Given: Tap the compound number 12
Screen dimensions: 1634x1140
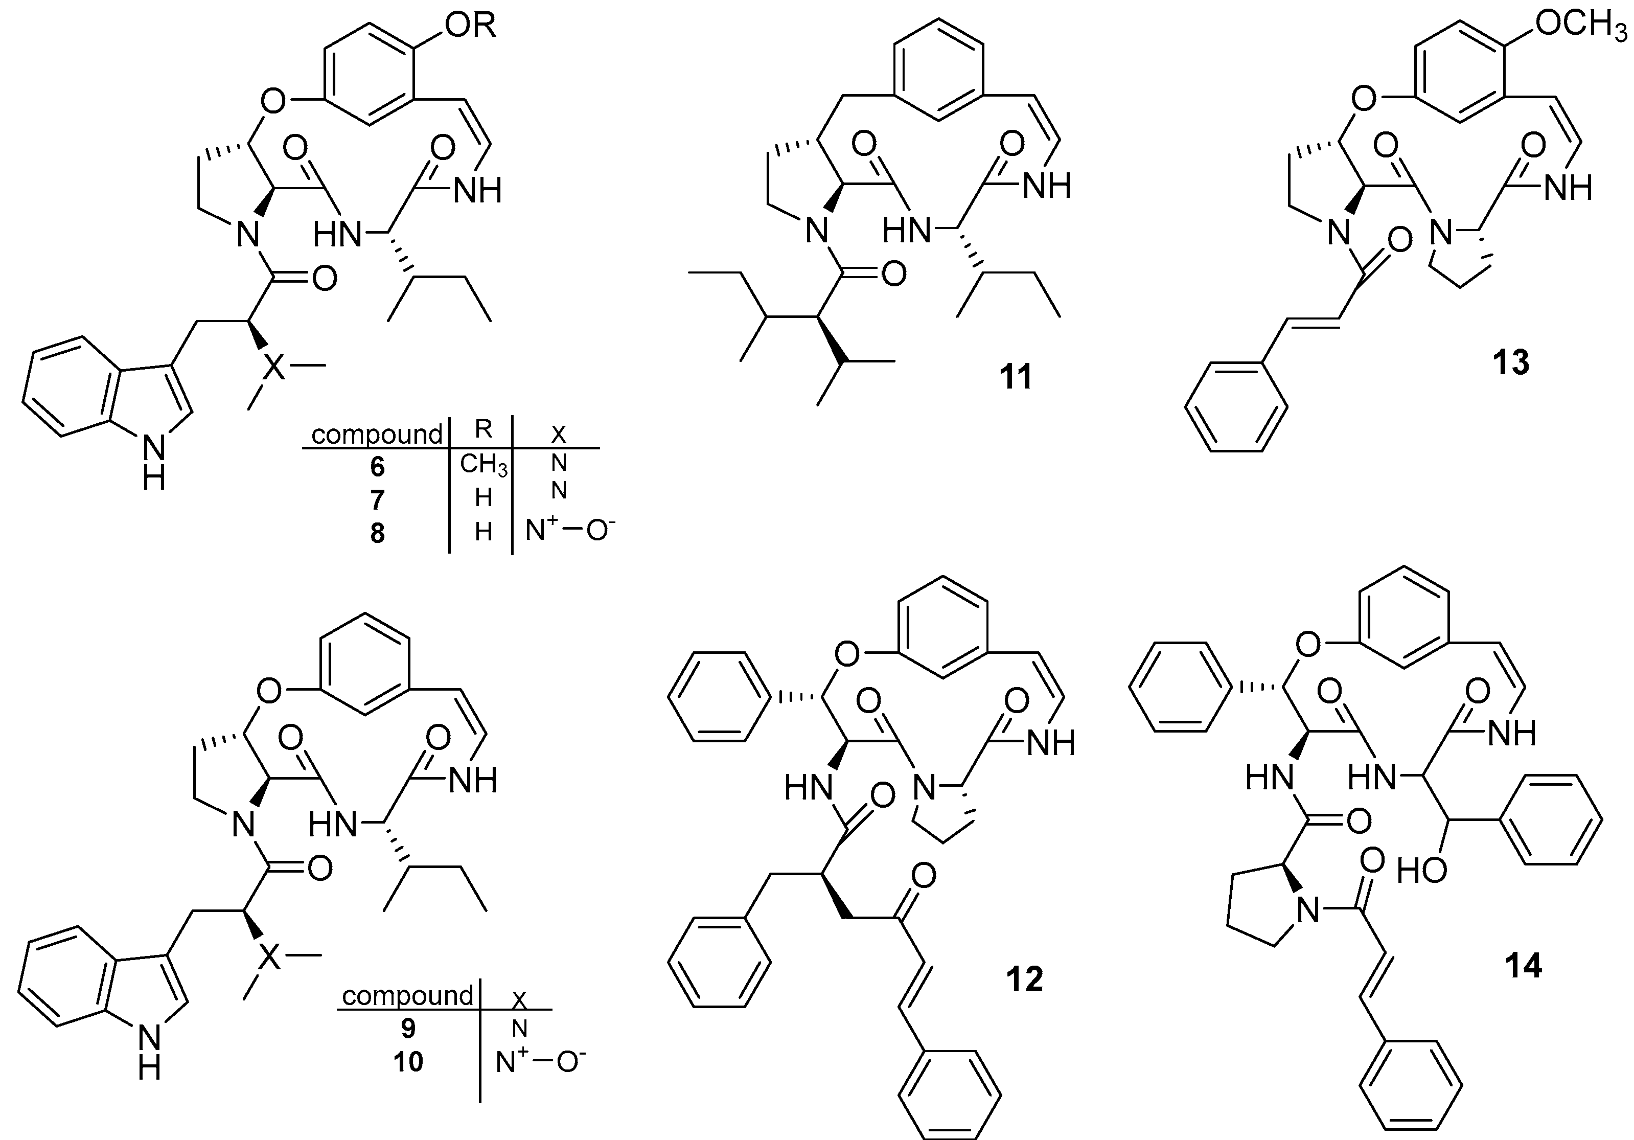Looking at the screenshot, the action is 1025,980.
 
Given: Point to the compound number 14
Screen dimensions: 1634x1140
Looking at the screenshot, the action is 1523,966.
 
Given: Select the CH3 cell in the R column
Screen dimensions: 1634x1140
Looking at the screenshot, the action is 483,465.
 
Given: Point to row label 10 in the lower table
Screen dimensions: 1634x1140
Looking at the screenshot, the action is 408,1062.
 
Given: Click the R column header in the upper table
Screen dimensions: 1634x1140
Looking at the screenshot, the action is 483,429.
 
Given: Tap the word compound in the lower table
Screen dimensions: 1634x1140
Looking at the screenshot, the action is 407,995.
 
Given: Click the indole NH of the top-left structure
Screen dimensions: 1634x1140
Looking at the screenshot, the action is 155,463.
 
